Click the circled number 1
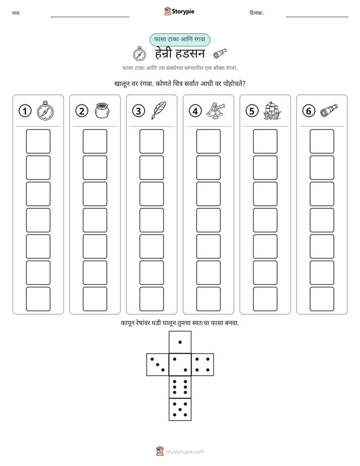(x=25, y=111)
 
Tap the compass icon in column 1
(x=45, y=111)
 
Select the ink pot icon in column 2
(x=102, y=110)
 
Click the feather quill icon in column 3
(x=159, y=110)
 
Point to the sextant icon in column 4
(x=216, y=111)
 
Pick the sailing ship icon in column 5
(x=272, y=111)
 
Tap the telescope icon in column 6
(x=329, y=110)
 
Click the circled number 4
(x=195, y=111)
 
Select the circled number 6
(x=309, y=111)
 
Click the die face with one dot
(x=180, y=342)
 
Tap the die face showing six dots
(x=180, y=387)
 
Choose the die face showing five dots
(x=180, y=410)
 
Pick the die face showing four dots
(x=203, y=365)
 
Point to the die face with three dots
(x=157, y=365)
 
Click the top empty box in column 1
(x=38, y=141)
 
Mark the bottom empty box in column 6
(x=322, y=299)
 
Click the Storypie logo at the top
(x=179, y=11)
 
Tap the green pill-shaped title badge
(x=179, y=40)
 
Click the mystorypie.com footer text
(x=185, y=452)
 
